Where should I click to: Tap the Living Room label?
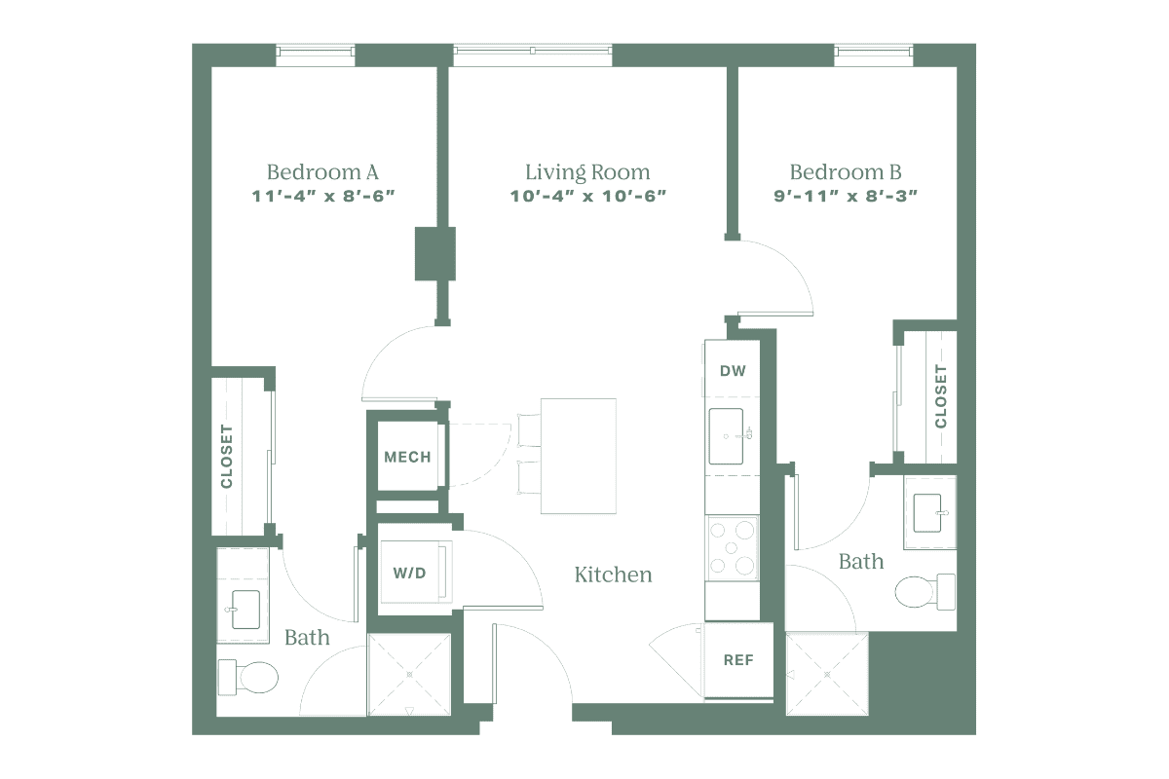tap(587, 173)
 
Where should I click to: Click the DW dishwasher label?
tap(732, 371)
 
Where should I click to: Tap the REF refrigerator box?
tap(736, 659)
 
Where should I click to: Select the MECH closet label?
tap(407, 458)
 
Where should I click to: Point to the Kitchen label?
tap(612, 575)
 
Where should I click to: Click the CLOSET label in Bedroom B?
tap(940, 395)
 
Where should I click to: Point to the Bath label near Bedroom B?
tap(862, 562)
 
